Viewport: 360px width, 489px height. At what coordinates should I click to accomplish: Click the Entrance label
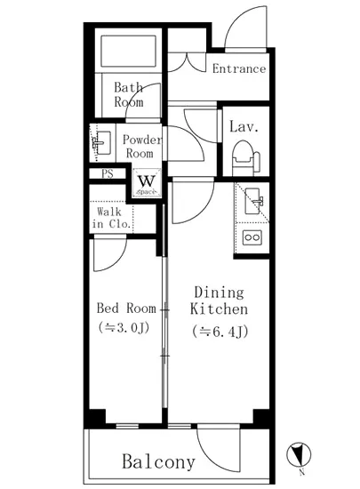pyautogui.click(x=239, y=68)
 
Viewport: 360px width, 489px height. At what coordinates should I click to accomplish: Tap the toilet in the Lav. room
pyautogui.click(x=245, y=157)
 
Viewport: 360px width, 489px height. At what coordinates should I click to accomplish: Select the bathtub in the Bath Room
pyautogui.click(x=128, y=51)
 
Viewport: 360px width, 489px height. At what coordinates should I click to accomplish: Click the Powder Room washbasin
pyautogui.click(x=102, y=143)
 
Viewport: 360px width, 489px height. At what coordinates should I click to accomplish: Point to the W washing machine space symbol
pyautogui.click(x=147, y=183)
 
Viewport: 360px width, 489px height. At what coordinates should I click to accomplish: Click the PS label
pyautogui.click(x=108, y=173)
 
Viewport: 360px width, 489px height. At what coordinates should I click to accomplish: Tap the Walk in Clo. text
pyautogui.click(x=111, y=218)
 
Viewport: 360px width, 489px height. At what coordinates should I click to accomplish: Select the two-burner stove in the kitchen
pyautogui.click(x=252, y=237)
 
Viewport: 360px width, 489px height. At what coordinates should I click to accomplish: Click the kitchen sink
pyautogui.click(x=253, y=201)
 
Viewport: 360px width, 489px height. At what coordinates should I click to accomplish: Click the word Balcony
pyautogui.click(x=158, y=461)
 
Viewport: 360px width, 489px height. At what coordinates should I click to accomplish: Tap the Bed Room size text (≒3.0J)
pyautogui.click(x=124, y=327)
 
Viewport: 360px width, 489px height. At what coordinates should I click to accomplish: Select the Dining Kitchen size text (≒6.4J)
pyautogui.click(x=220, y=332)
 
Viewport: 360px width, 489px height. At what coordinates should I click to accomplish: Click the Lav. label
pyautogui.click(x=244, y=127)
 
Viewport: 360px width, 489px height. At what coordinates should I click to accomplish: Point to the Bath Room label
pyautogui.click(x=128, y=94)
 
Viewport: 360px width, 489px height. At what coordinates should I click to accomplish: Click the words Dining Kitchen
pyautogui.click(x=220, y=301)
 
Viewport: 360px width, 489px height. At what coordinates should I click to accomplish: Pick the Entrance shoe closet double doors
pyautogui.click(x=187, y=62)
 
